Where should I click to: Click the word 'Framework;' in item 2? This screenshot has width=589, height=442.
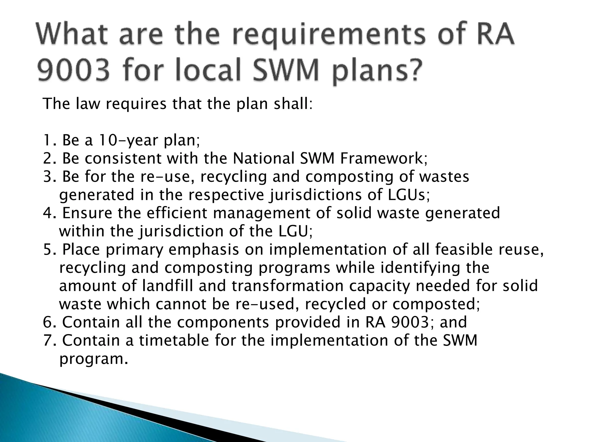tap(384, 159)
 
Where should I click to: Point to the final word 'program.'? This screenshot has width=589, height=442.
tap(93, 359)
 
